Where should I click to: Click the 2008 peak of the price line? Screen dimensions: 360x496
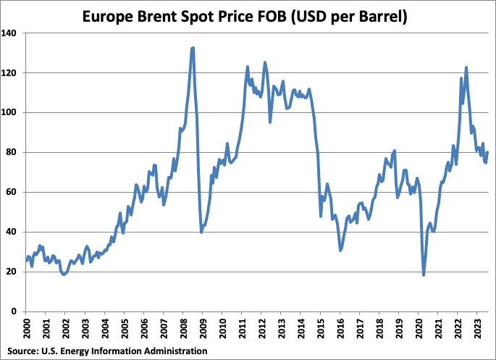193,48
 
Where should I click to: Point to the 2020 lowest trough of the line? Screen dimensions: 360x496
424,275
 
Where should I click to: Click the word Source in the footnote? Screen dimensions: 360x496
21,351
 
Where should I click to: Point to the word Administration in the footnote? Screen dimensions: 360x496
173,351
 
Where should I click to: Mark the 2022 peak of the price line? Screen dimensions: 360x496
466,67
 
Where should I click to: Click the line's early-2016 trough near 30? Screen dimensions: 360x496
340,251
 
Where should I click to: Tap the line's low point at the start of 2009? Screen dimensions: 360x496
201,232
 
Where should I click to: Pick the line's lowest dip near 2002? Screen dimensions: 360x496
64,275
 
